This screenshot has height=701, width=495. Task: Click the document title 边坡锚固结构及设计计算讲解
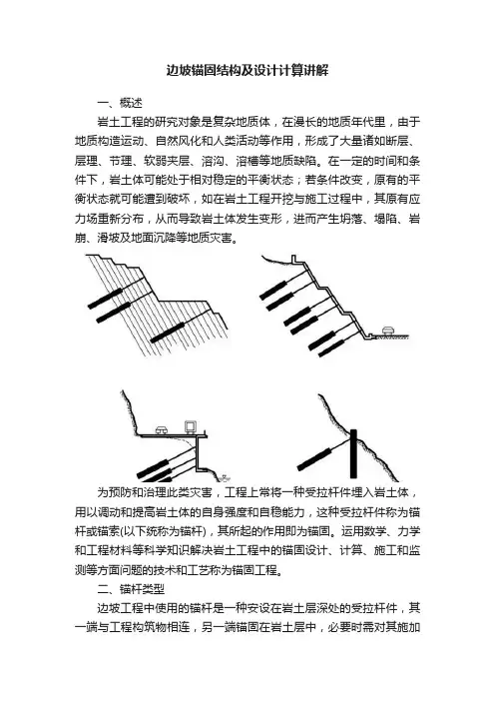pyautogui.click(x=247, y=70)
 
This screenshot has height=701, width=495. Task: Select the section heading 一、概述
pyautogui.click(x=120, y=103)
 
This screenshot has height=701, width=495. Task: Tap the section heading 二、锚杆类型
pyautogui.click(x=131, y=589)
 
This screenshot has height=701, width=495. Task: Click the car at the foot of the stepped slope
pyautogui.click(x=388, y=331)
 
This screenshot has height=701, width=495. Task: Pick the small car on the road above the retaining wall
pyautogui.click(x=162, y=430)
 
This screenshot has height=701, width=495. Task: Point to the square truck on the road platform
pyautogui.click(x=192, y=427)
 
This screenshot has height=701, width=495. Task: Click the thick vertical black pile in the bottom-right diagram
pyautogui.click(x=353, y=453)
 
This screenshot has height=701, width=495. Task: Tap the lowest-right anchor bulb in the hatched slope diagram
pyautogui.click(x=167, y=333)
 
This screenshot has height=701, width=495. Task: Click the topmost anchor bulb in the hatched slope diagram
pyautogui.click(x=105, y=299)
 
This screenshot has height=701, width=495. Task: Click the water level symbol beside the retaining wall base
pyautogui.click(x=225, y=476)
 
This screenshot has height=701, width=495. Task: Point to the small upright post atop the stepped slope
pyautogui.click(x=293, y=260)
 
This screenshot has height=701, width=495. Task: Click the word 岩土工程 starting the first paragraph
pyautogui.click(x=120, y=122)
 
